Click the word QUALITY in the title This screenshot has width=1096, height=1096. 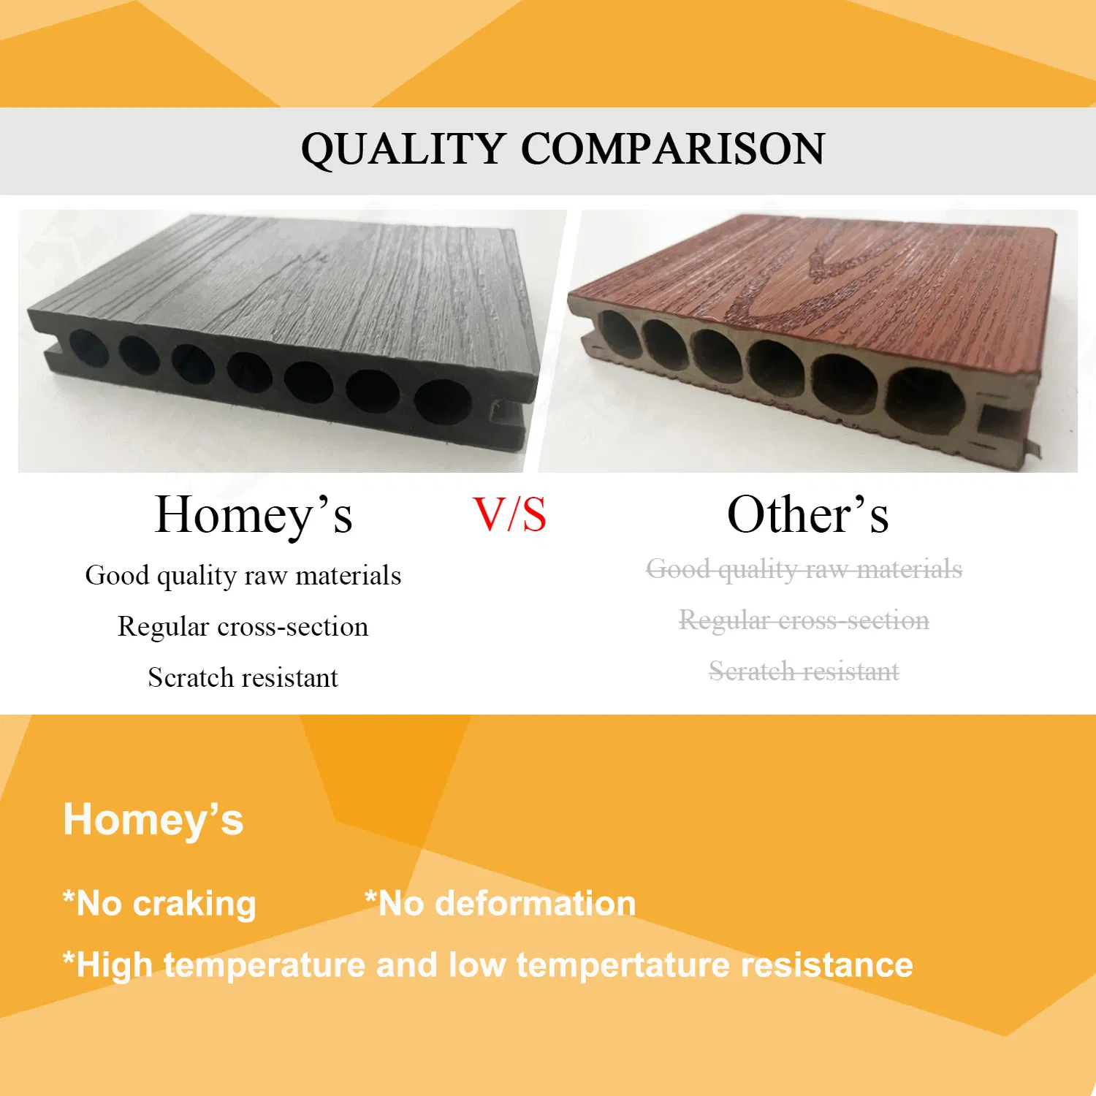403,149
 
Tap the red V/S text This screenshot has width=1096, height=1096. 509,515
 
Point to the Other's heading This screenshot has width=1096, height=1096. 807,515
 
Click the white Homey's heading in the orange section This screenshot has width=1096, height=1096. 153,820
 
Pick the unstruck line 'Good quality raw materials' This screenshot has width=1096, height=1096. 243,576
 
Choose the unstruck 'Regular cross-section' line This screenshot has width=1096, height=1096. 243,627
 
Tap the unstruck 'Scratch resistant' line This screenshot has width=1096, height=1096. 243,678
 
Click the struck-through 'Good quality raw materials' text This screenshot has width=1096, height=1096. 804,569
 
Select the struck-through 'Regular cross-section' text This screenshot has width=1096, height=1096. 804,620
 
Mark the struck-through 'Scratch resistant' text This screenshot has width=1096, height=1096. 804,671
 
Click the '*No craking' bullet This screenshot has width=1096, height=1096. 159,904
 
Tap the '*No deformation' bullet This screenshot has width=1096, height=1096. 501,904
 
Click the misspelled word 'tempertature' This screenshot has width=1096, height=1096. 623,965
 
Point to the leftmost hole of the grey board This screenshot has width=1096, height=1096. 88,348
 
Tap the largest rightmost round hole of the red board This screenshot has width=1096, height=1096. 926,401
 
